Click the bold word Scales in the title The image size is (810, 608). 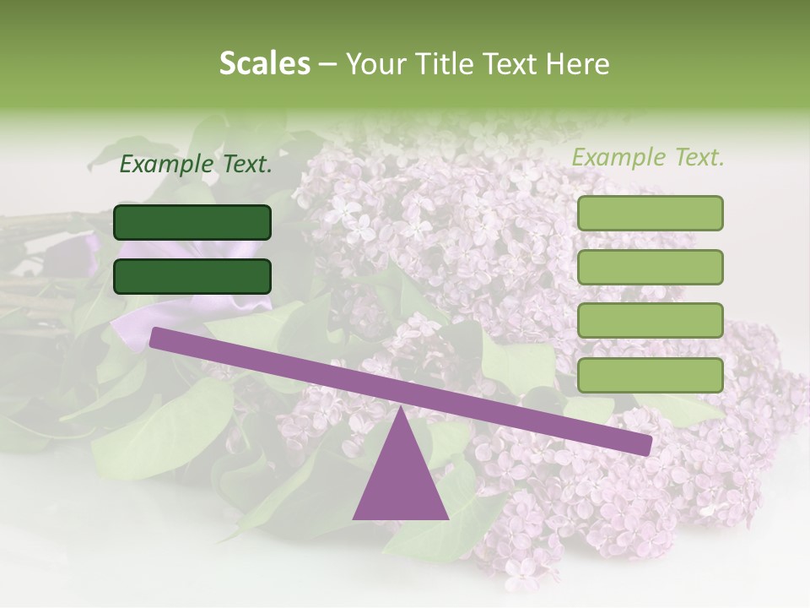pyautogui.click(x=264, y=64)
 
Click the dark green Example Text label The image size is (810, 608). pyautogui.click(x=196, y=165)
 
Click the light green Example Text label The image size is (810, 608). pyautogui.click(x=648, y=158)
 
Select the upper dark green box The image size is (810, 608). pyautogui.click(x=192, y=222)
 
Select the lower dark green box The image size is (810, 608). pyautogui.click(x=192, y=276)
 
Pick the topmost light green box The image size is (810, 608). pyautogui.click(x=650, y=213)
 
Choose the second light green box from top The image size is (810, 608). pyautogui.click(x=650, y=267)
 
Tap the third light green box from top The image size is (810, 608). pyautogui.click(x=650, y=321)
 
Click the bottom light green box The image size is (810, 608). pyautogui.click(x=650, y=375)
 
